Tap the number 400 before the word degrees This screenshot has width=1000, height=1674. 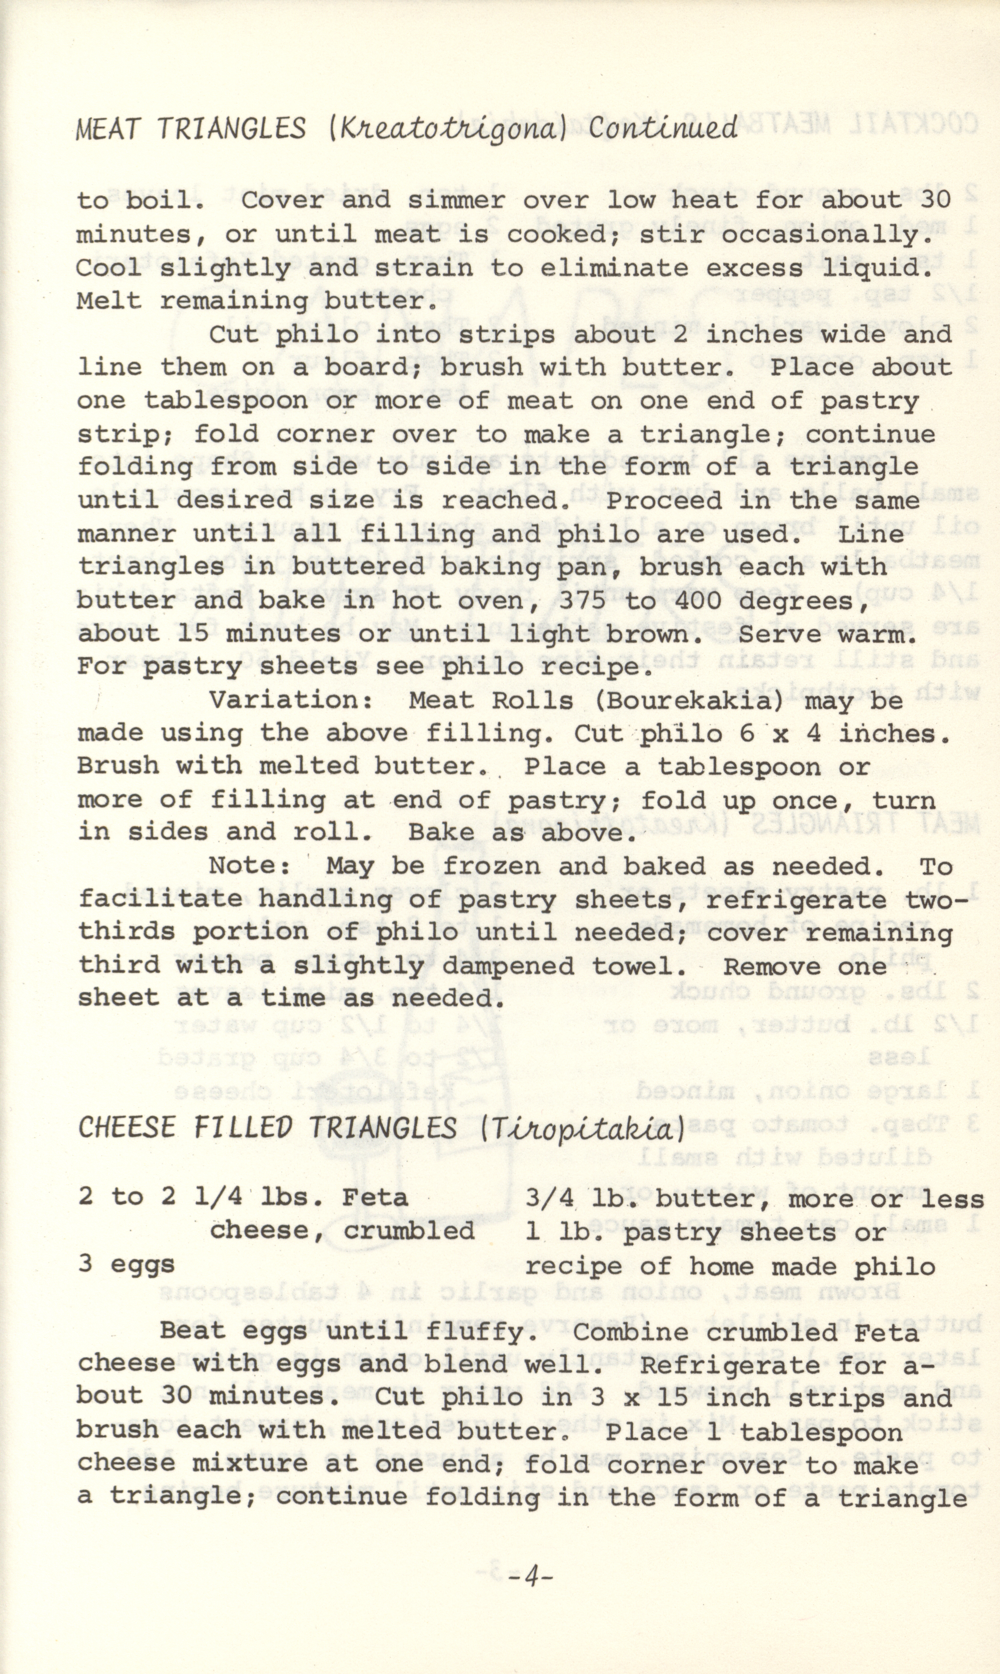(x=683, y=600)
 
